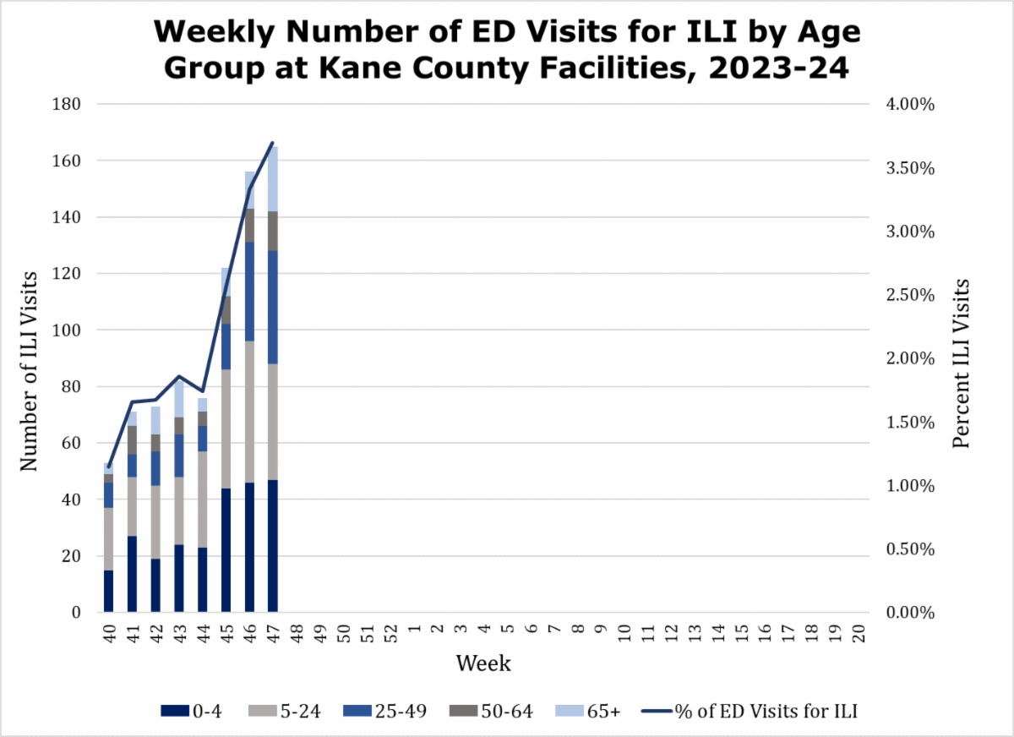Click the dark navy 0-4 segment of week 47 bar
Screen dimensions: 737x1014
pyautogui.click(x=272, y=546)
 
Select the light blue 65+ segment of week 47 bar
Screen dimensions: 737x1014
pyautogui.click(x=272, y=178)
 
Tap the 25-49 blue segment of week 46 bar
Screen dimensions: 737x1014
pyautogui.click(x=249, y=292)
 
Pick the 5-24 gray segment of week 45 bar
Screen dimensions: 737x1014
pyautogui.click(x=226, y=429)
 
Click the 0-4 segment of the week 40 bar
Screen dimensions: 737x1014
pyautogui.click(x=109, y=591)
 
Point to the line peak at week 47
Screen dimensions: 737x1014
pyautogui.click(x=272, y=143)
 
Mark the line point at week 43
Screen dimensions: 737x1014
pyautogui.click(x=179, y=376)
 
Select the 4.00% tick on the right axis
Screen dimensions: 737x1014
pyautogui.click(x=911, y=104)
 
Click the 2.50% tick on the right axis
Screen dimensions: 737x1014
pyautogui.click(x=911, y=295)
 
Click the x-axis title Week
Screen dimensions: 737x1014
pyautogui.click(x=483, y=663)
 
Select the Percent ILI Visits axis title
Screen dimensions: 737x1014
pyautogui.click(x=961, y=363)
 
